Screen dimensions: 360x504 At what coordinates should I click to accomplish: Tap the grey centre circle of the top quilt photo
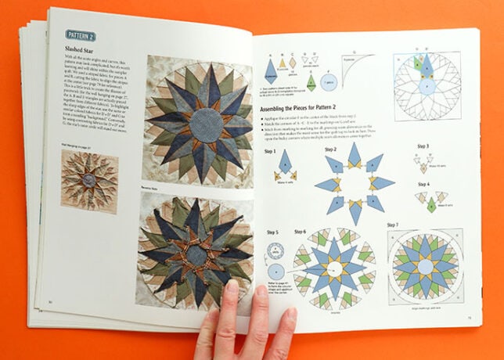coord(207,124)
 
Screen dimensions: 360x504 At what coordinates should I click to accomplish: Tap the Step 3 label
coord(423,147)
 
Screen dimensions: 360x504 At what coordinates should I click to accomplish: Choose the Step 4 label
coord(423,185)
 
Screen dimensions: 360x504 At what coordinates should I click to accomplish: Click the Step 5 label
coord(272,232)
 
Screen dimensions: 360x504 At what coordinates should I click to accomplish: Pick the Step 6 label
coord(300,232)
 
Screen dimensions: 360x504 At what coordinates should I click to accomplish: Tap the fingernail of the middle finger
coord(232,290)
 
